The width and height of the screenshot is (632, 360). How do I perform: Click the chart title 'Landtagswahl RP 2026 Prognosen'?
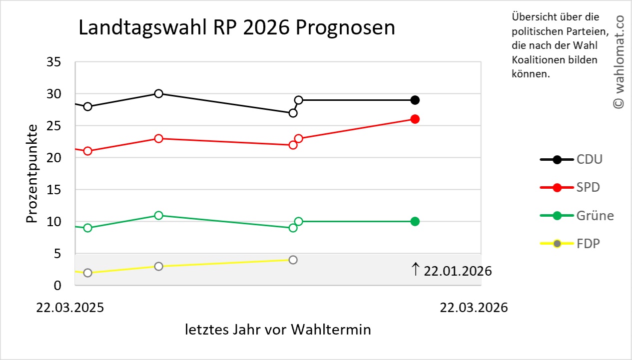point(237,28)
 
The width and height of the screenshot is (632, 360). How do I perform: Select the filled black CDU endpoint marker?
point(415,100)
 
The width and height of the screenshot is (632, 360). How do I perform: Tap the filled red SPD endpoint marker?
point(415,119)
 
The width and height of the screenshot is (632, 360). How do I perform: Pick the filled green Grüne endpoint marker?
point(415,221)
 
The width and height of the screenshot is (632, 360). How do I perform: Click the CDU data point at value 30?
point(158,93)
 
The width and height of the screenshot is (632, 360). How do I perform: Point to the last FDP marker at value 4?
point(293,260)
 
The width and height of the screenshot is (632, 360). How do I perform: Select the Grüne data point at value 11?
point(158,215)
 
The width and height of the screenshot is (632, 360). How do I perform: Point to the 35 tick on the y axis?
point(53,62)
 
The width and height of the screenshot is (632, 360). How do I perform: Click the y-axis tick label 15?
point(53,190)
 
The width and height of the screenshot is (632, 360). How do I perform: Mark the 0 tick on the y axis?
point(57,285)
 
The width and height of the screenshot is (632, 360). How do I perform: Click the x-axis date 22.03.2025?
point(70,308)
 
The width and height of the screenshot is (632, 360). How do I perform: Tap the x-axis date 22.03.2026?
point(474,308)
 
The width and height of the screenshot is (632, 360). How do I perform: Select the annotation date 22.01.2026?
point(457,271)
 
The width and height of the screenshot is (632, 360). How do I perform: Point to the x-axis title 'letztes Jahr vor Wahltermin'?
point(278,330)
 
